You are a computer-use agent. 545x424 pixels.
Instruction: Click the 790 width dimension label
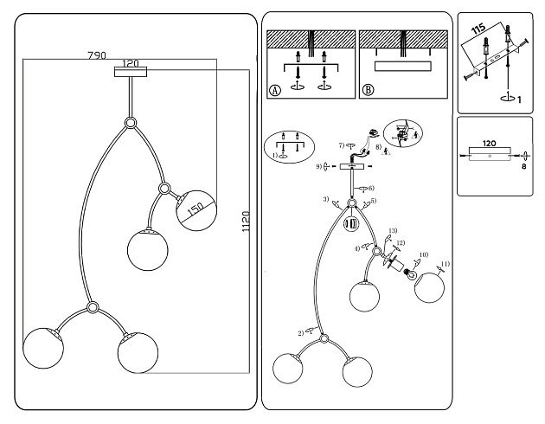pos(96,55)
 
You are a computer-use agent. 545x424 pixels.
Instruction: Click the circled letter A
pos(274,89)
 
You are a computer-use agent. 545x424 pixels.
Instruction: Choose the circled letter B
pos(369,89)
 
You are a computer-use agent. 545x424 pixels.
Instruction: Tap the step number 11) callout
pos(446,264)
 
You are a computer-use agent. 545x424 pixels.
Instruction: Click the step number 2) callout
pos(300,332)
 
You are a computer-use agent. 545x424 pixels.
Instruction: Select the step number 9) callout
pos(318,165)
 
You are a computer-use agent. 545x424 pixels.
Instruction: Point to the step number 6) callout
pos(371,188)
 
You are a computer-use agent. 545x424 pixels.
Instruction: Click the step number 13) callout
pos(392,230)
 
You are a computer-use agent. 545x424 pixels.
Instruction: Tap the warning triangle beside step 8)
pos(385,152)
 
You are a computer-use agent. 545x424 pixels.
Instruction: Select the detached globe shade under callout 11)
pos(431,288)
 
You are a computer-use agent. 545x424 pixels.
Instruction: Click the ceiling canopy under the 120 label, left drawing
pos(131,73)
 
